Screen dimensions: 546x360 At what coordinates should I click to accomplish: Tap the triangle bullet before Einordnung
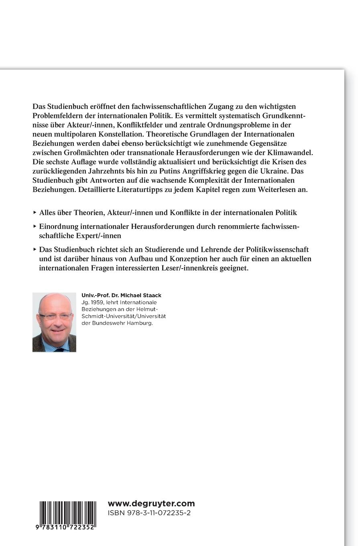(x=35, y=226)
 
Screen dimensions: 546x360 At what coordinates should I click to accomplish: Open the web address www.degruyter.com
(x=151, y=503)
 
